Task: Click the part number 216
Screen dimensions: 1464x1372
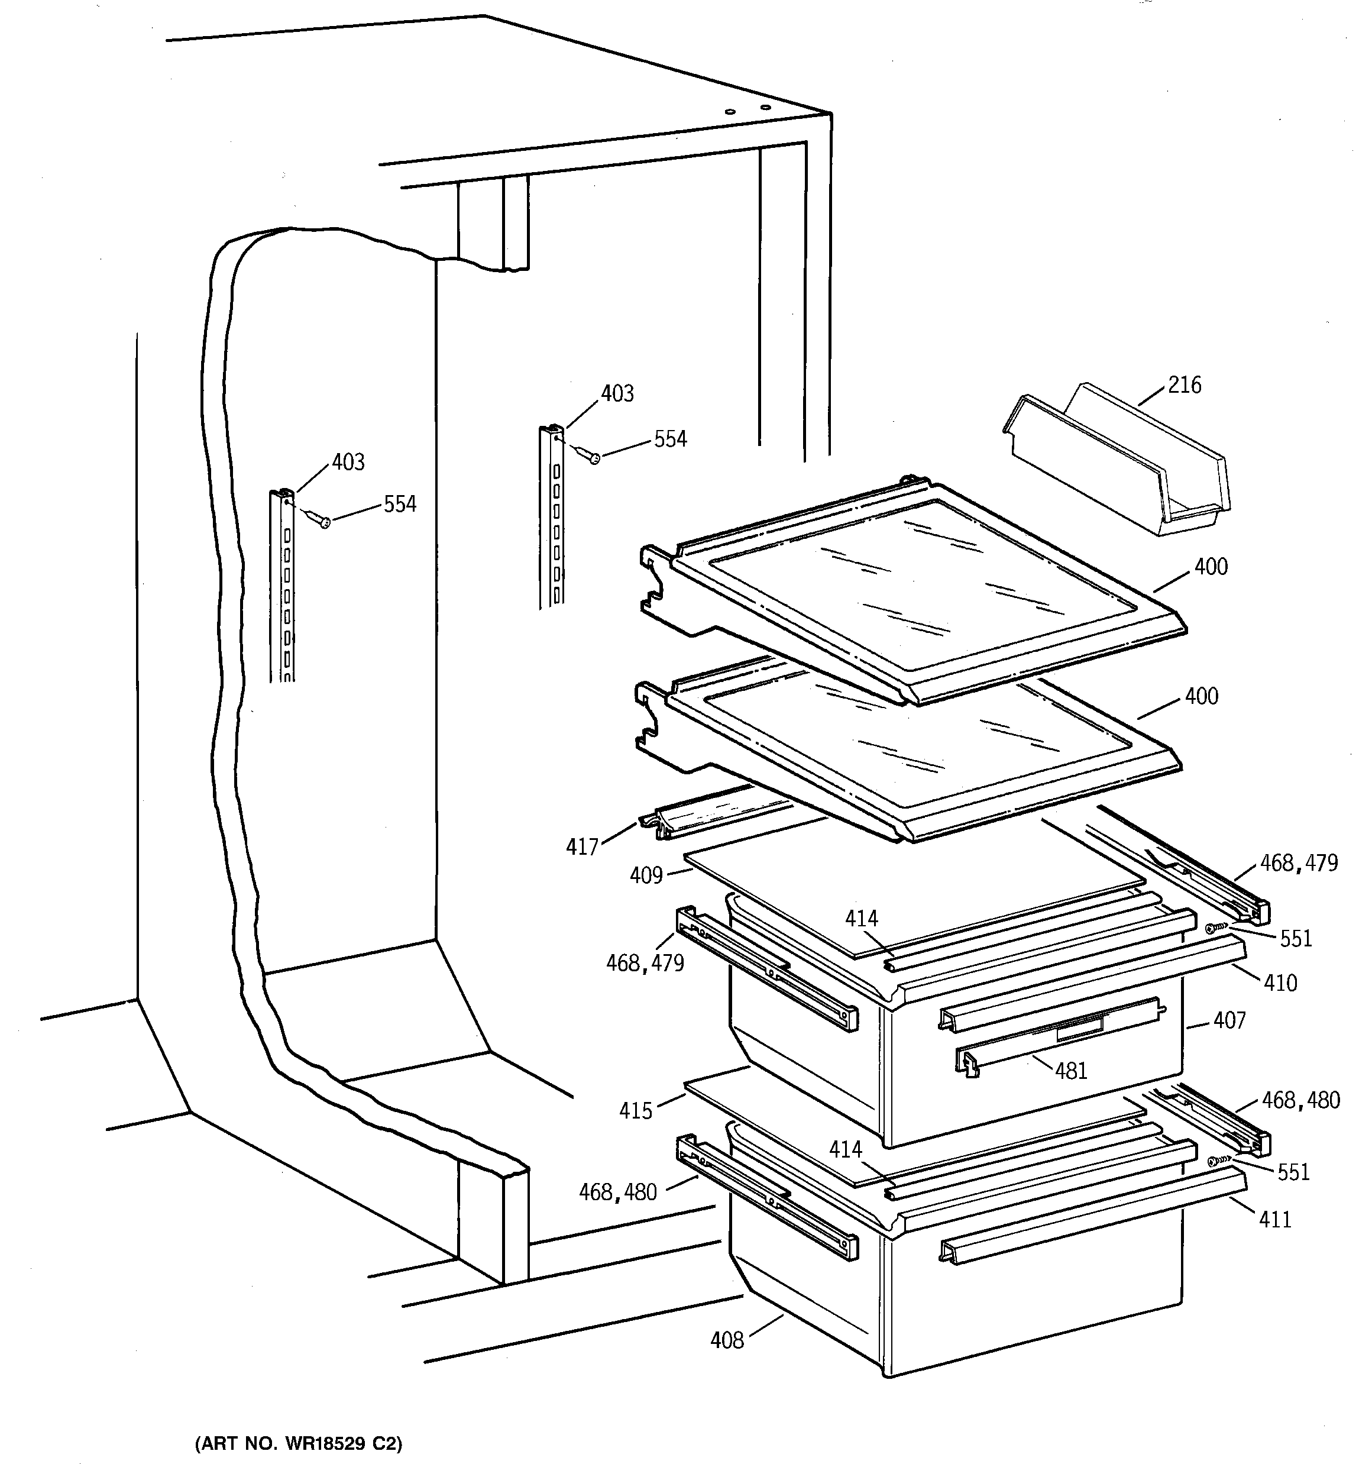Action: click(1184, 385)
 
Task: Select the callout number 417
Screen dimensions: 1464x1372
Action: click(582, 847)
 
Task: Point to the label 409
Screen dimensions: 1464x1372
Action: click(646, 875)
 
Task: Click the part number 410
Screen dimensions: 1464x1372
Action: click(1280, 983)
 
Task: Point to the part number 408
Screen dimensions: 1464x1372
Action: click(727, 1340)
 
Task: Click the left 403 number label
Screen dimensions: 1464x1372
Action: click(348, 462)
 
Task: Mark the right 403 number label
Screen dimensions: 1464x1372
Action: click(617, 394)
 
